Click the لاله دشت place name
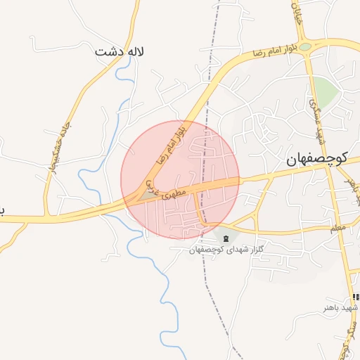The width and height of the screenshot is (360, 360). point(120,51)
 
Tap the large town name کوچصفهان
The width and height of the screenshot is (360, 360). point(318,159)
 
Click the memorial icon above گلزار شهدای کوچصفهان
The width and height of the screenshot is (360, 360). point(225,240)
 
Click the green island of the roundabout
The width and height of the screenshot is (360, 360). point(307,47)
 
